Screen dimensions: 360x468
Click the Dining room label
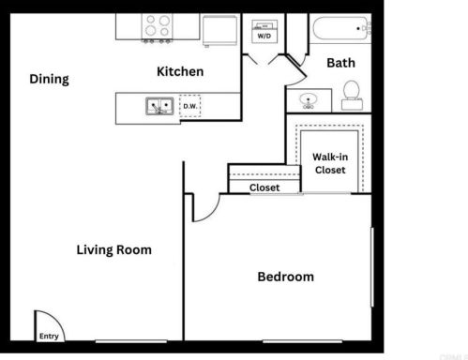49,80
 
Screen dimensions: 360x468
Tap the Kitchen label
180,72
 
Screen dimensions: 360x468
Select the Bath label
340,63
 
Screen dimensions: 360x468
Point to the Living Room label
113,250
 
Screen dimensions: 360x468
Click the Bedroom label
286,277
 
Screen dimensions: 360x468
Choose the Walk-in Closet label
329,163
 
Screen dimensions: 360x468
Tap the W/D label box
265,36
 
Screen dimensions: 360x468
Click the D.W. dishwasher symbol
189,107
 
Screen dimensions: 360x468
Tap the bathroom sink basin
308,100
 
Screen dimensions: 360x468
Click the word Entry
48,335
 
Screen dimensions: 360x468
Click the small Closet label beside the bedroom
264,187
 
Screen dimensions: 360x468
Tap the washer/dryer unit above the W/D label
264,24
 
